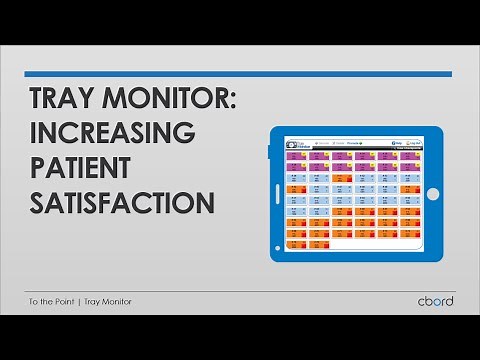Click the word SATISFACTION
[x=121, y=201]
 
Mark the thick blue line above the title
[x=238, y=73]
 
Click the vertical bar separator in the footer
[x=81, y=301]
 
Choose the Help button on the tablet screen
[x=399, y=142]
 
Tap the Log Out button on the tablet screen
[x=415, y=142]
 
